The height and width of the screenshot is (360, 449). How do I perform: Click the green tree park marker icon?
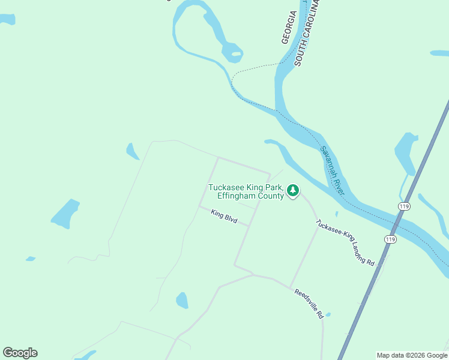(292, 191)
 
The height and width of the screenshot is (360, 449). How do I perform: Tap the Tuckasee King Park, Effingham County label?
(246, 191)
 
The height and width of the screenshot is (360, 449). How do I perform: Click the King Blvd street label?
(224, 217)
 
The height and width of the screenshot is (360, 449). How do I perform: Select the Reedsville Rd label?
(309, 304)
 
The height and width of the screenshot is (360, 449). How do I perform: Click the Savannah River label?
(332, 171)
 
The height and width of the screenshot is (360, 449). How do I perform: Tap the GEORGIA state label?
(289, 27)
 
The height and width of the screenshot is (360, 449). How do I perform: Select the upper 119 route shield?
(403, 206)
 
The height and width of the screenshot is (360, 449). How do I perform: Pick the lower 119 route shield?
(391, 239)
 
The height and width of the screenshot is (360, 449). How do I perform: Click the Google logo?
(20, 353)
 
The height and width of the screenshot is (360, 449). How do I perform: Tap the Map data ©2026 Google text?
(412, 355)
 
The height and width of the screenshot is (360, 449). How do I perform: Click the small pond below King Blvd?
(182, 300)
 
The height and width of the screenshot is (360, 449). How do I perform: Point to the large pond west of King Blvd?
(65, 214)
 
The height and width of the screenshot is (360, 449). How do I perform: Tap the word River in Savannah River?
(338, 182)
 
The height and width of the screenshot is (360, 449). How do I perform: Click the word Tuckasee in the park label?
(226, 187)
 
